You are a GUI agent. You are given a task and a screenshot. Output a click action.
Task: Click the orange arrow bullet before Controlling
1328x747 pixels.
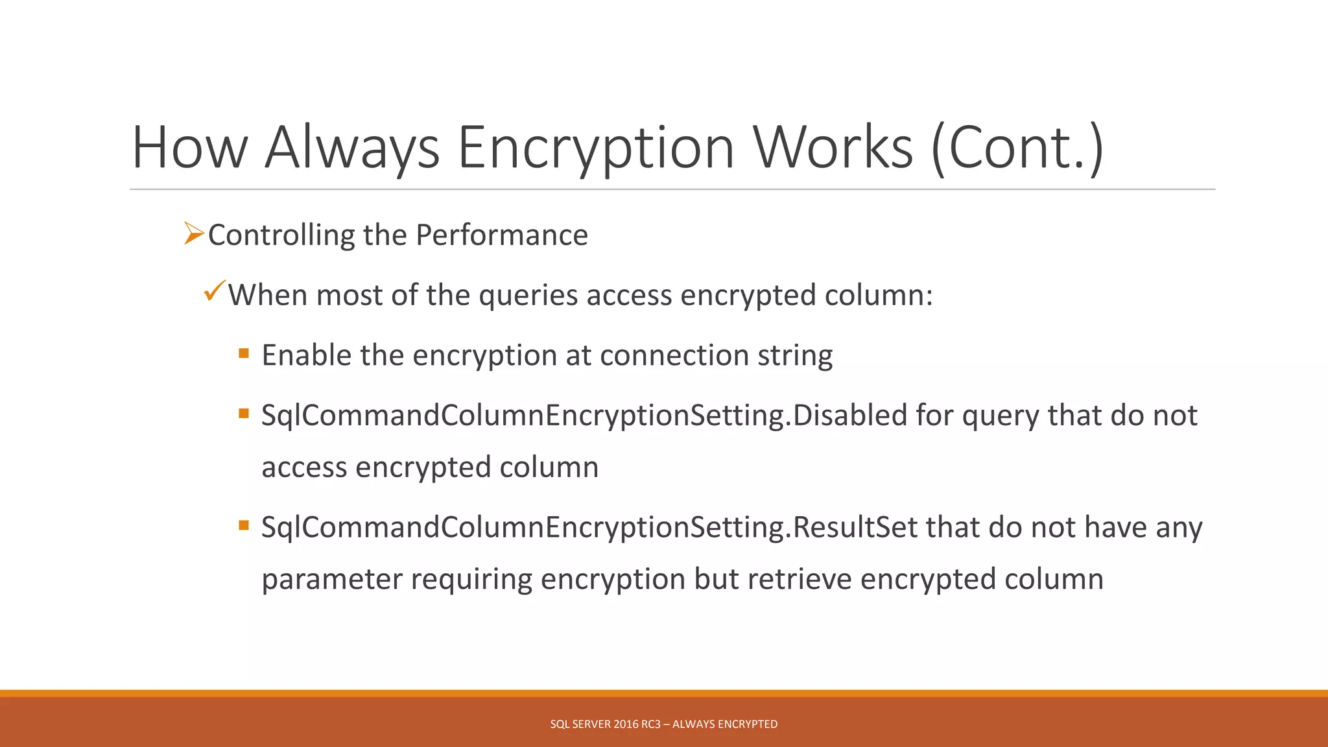click(x=194, y=233)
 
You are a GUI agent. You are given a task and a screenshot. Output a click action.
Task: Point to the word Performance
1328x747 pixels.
click(x=501, y=235)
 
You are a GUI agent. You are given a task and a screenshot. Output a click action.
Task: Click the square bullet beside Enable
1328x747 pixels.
click(x=244, y=353)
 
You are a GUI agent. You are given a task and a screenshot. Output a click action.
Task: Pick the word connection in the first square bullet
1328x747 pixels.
click(x=674, y=355)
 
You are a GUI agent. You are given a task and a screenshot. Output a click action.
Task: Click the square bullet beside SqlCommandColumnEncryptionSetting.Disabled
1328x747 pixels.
click(x=244, y=413)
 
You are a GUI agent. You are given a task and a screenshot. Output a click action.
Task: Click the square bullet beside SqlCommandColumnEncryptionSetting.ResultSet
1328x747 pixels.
click(x=244, y=525)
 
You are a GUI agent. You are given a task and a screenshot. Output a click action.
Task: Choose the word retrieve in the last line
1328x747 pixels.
click(x=800, y=579)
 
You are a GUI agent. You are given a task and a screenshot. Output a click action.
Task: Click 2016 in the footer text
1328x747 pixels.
click(x=626, y=724)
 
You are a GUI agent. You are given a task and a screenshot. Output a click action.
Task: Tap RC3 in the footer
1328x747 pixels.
click(x=651, y=724)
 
